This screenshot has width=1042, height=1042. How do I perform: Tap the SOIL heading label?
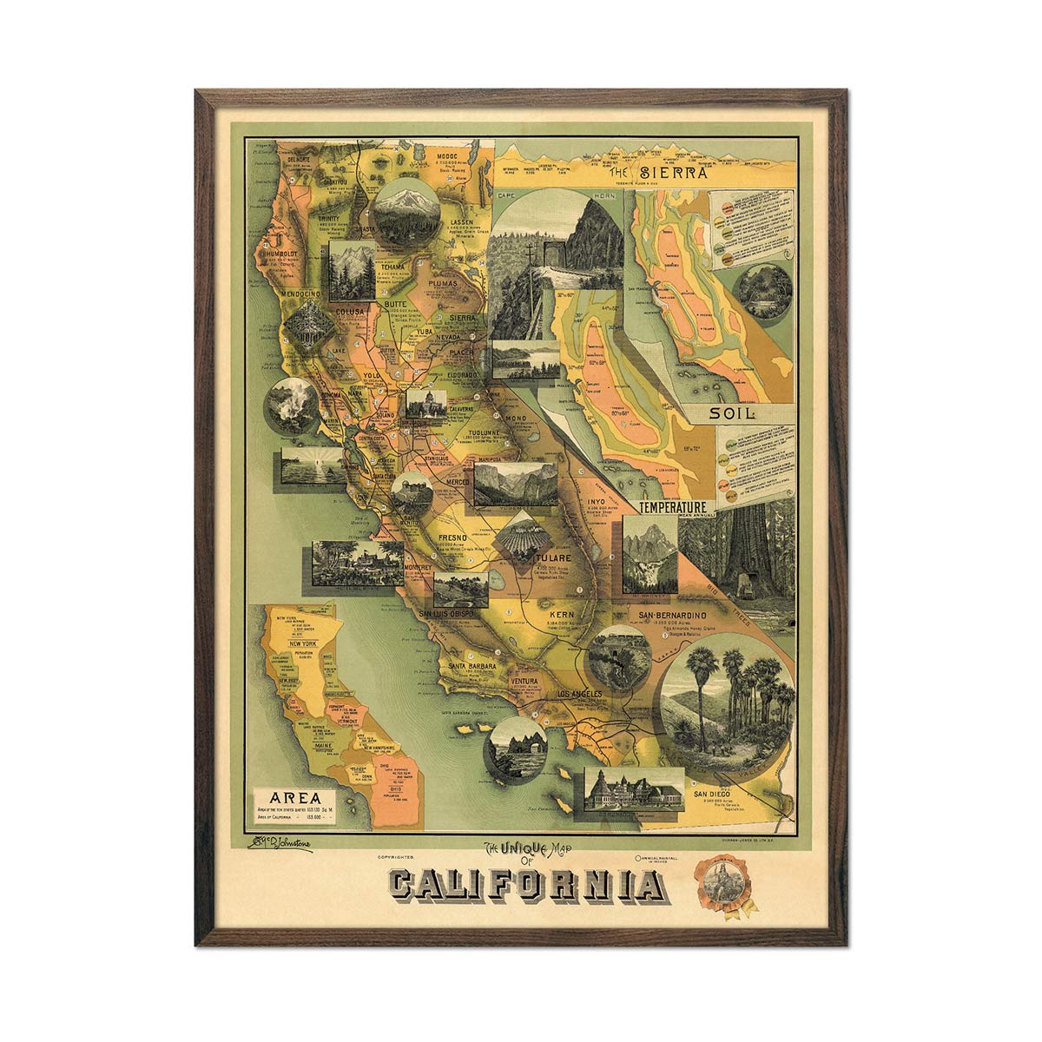[x=731, y=414]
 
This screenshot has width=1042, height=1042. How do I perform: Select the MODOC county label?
[x=452, y=152]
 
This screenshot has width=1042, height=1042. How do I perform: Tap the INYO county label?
[x=595, y=502]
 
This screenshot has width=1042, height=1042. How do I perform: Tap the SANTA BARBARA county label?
[x=471, y=666]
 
